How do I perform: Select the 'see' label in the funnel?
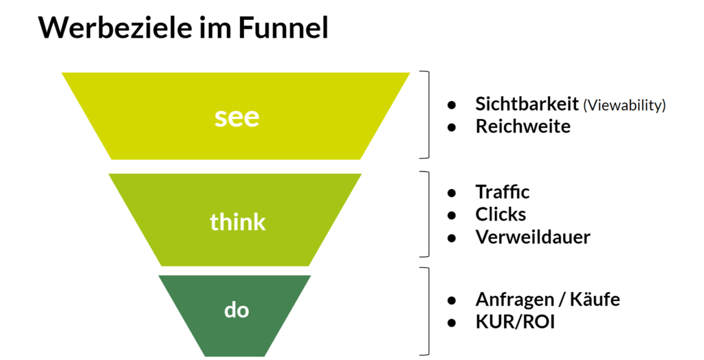(236, 117)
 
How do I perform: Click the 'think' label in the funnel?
(237, 222)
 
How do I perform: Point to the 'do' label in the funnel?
(236, 310)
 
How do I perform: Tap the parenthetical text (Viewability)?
(624, 105)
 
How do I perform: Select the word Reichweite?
(522, 126)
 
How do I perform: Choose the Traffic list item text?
(502, 192)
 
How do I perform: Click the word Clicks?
(500, 214)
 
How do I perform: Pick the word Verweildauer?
(533, 237)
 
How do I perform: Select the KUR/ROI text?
(515, 322)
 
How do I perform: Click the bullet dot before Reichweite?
(452, 127)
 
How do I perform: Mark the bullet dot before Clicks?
(452, 215)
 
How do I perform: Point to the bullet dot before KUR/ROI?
(452, 322)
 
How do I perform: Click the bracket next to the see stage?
(427, 115)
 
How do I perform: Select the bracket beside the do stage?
(427, 311)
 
